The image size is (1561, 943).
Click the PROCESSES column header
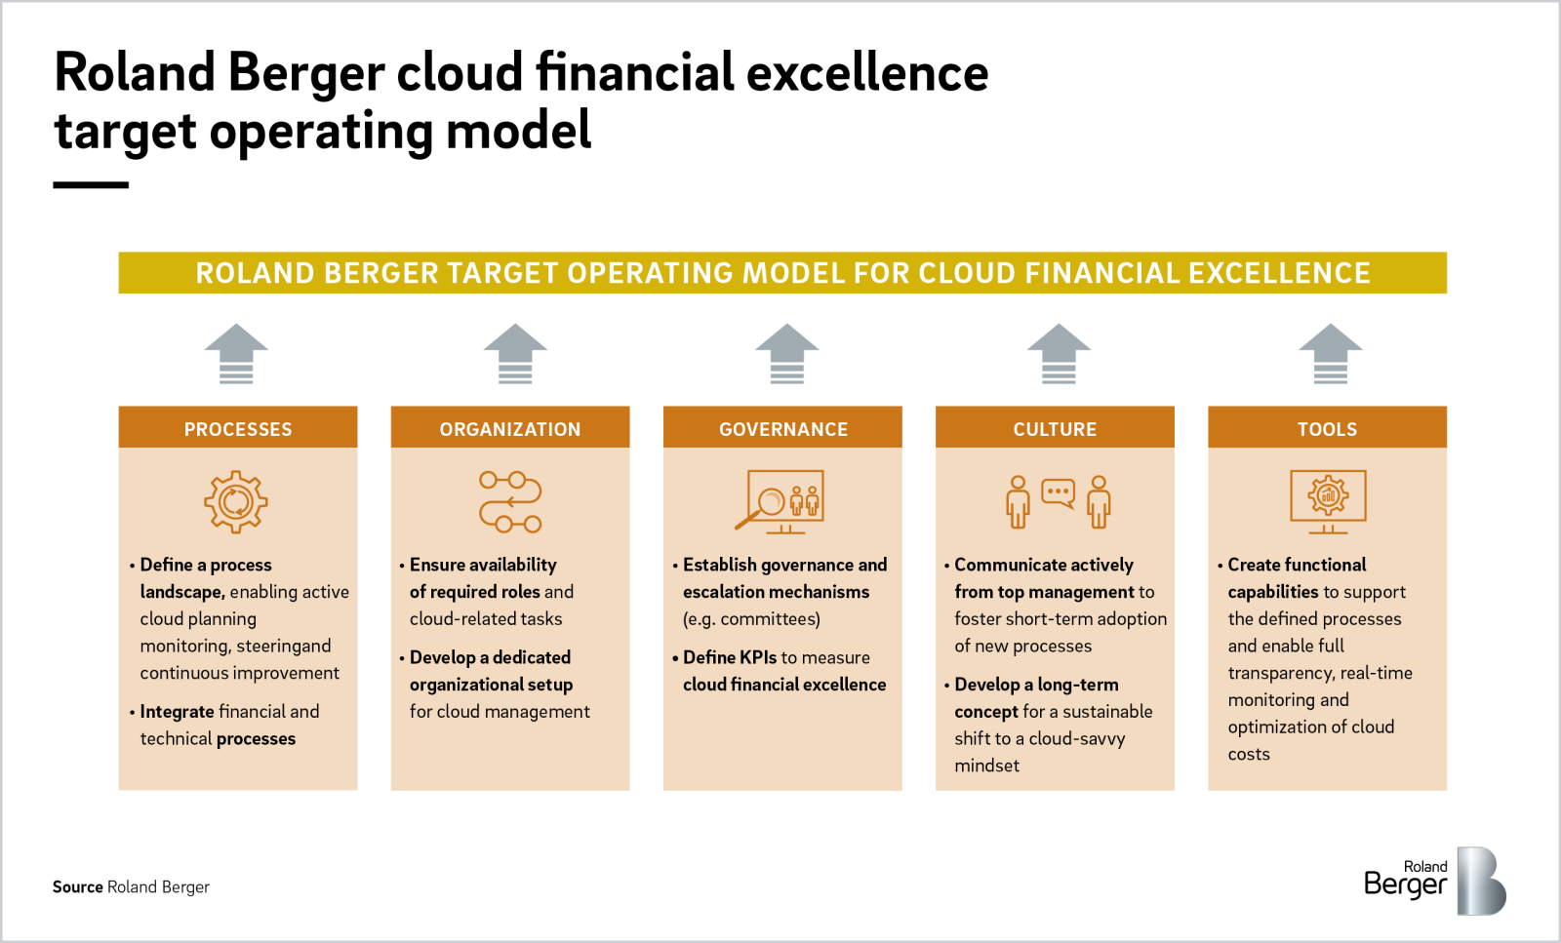(238, 429)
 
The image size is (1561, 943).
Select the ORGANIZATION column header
(510, 429)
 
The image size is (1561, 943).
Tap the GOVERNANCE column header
(782, 429)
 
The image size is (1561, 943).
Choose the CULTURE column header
(1055, 429)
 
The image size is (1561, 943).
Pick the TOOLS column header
(1327, 429)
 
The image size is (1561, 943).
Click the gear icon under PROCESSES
(236, 502)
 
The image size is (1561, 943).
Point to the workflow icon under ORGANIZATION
(510, 502)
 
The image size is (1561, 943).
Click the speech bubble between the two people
(1059, 492)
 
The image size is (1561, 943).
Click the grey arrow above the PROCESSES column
(236, 353)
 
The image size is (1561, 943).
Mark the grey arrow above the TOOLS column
(1330, 353)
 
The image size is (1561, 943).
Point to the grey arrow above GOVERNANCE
(786, 353)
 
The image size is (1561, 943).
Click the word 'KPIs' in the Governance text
(758, 657)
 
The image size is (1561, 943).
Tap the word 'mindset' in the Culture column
(986, 766)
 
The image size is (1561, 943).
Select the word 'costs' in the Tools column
(1249, 754)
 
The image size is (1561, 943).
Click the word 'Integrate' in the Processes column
(177, 712)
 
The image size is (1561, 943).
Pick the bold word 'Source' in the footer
(78, 886)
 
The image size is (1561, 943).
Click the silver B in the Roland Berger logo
(1481, 882)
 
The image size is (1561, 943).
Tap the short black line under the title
(91, 184)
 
